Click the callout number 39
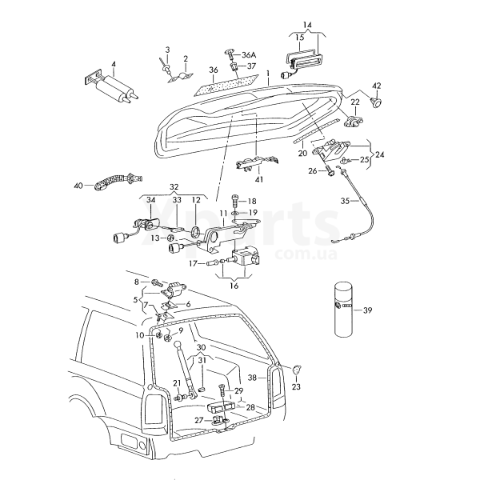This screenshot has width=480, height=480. pyautogui.click(x=368, y=310)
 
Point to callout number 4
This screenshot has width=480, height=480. pyautogui.click(x=113, y=63)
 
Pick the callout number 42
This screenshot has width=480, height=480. pyautogui.click(x=377, y=85)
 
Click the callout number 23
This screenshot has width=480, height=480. pyautogui.click(x=297, y=386)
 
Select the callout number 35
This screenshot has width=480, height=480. pyautogui.click(x=346, y=200)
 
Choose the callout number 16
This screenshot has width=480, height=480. pyautogui.click(x=234, y=285)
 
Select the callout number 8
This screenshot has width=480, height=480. pyautogui.click(x=137, y=282)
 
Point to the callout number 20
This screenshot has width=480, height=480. pyautogui.click(x=302, y=152)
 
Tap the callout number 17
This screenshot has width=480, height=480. pyautogui.click(x=193, y=262)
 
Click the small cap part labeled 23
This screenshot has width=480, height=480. pyautogui.click(x=298, y=370)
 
